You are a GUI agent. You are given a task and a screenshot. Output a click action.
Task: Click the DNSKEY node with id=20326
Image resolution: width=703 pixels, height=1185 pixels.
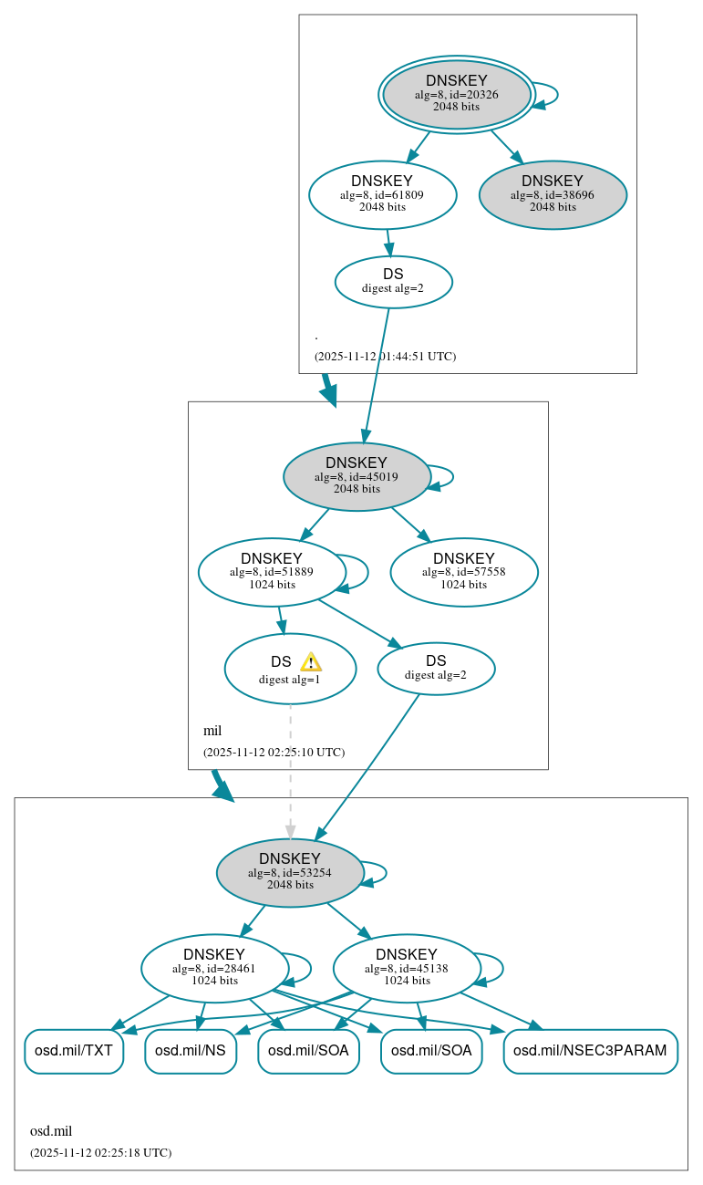[x=457, y=94]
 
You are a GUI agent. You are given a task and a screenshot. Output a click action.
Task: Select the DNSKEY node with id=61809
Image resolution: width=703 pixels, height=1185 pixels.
[x=382, y=194]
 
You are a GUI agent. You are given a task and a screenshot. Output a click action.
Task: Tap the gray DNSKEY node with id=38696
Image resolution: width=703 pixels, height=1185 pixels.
[x=553, y=194]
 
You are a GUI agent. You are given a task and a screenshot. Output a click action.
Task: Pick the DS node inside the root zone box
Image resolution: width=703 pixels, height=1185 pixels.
[x=393, y=281]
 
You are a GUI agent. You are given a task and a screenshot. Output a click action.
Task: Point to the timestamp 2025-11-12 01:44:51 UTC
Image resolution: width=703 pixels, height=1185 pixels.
[x=385, y=357]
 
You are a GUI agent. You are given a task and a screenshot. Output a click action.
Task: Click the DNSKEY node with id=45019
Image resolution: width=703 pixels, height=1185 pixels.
[x=357, y=476]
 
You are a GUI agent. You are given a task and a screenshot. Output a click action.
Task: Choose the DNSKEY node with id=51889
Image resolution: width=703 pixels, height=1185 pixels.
[x=272, y=572]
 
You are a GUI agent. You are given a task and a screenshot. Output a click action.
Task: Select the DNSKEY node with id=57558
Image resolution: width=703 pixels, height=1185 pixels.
[x=463, y=572]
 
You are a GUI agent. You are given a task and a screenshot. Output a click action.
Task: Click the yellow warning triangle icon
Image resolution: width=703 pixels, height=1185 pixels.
[x=311, y=662]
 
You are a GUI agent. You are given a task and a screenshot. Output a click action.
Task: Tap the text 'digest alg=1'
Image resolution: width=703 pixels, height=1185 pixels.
[x=290, y=680]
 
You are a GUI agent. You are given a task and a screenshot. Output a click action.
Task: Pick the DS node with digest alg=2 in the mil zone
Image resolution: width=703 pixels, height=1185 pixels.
[x=436, y=668]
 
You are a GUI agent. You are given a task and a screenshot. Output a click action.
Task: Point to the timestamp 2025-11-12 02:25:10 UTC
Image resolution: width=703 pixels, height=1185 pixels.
[x=274, y=753]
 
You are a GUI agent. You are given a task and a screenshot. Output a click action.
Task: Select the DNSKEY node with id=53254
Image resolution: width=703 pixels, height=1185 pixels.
[x=290, y=872]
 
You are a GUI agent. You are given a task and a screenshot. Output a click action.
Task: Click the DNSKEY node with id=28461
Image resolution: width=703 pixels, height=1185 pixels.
[x=215, y=968]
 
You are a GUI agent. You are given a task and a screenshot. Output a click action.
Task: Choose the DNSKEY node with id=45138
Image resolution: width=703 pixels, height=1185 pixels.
[x=407, y=968]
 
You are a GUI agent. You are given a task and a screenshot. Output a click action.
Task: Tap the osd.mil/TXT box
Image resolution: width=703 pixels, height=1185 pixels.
[x=73, y=1051]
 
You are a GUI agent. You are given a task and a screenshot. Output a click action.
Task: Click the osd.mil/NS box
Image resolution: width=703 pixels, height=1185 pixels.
[x=191, y=1051]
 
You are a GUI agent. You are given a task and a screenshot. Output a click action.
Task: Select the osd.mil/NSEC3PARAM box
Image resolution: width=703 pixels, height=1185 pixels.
[x=590, y=1051]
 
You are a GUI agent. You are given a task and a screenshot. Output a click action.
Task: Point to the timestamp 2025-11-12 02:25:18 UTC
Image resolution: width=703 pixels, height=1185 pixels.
[x=100, y=1153]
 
